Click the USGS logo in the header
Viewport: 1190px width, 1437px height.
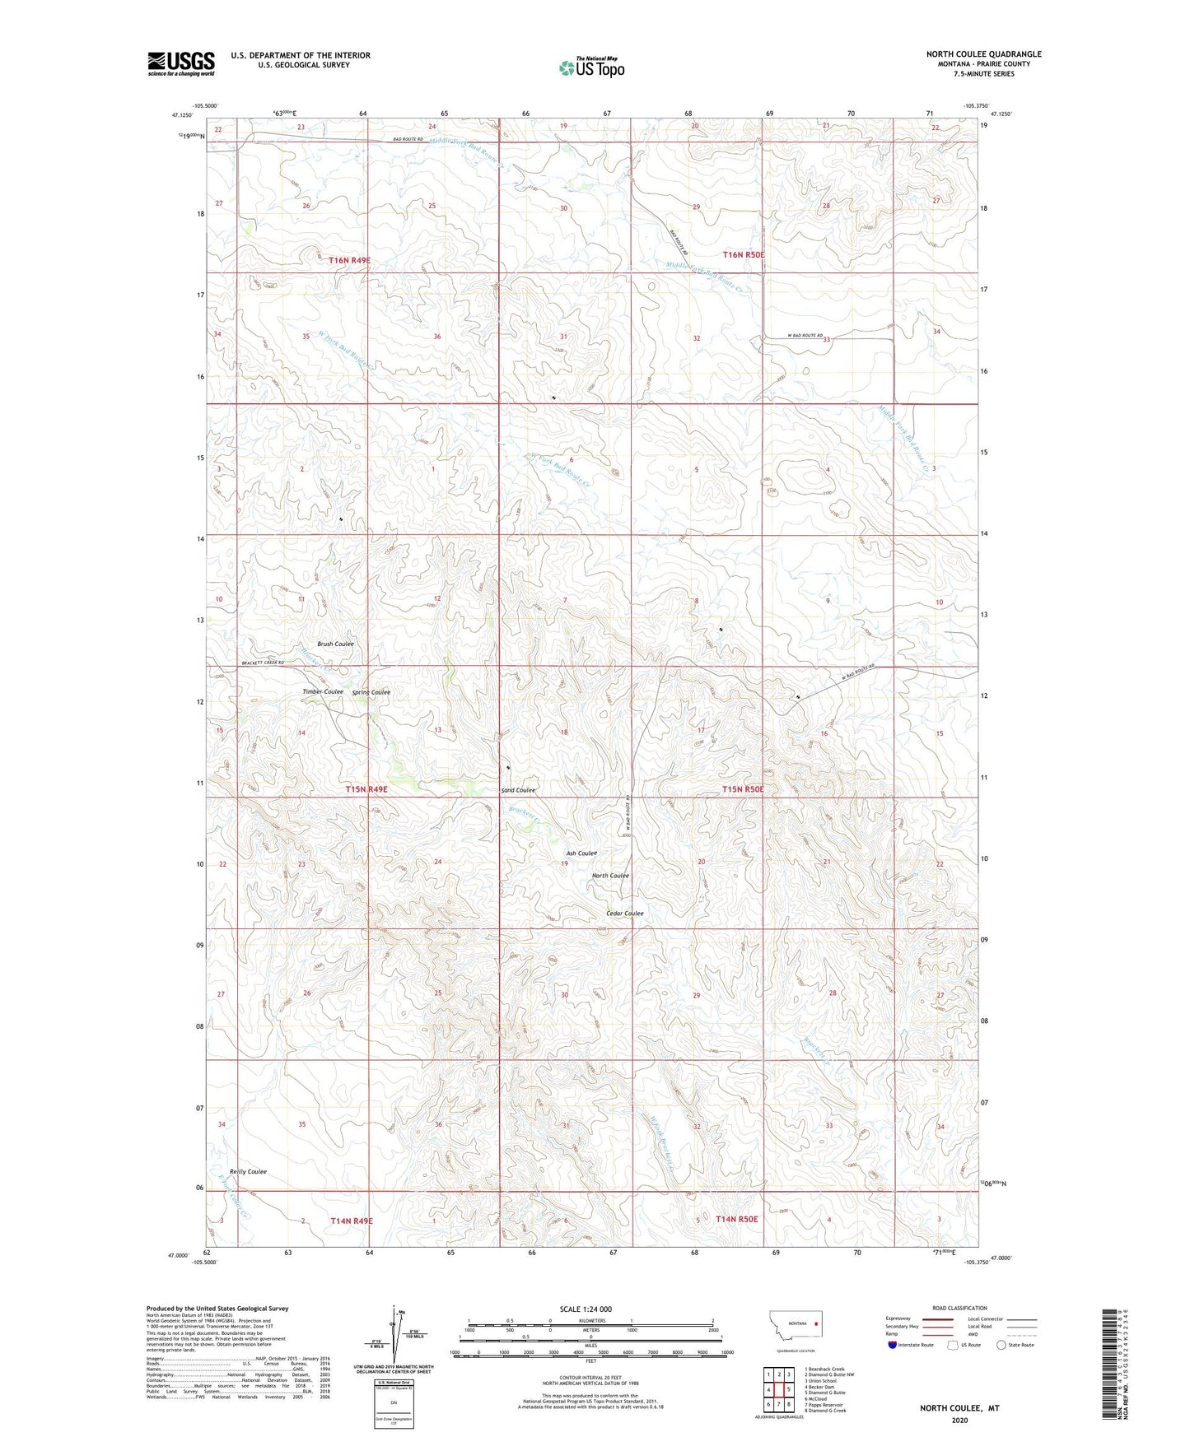coord(181,63)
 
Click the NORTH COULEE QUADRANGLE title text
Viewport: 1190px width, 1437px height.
coord(983,54)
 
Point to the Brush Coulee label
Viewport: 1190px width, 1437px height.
coord(335,644)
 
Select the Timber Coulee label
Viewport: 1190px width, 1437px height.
coord(323,691)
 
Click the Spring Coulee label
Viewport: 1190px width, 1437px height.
coord(371,692)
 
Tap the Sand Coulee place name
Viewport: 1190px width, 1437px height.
coord(518,790)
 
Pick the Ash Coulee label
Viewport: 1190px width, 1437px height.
coord(581,853)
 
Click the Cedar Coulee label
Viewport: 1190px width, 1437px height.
coord(624,914)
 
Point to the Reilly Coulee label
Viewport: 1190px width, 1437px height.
coord(248,1171)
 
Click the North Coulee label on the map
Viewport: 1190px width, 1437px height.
coord(610,876)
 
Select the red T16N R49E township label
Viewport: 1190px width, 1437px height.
coord(349,260)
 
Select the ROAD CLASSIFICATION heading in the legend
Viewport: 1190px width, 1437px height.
coord(959,1308)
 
